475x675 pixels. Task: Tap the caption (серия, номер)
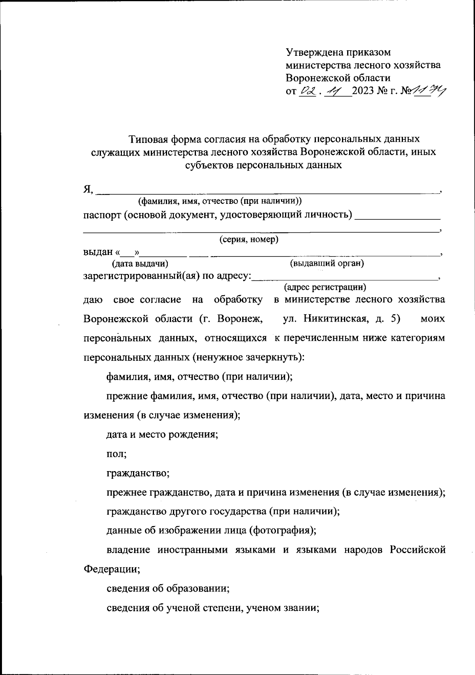coord(249,240)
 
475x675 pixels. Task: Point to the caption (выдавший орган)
coord(327,263)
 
